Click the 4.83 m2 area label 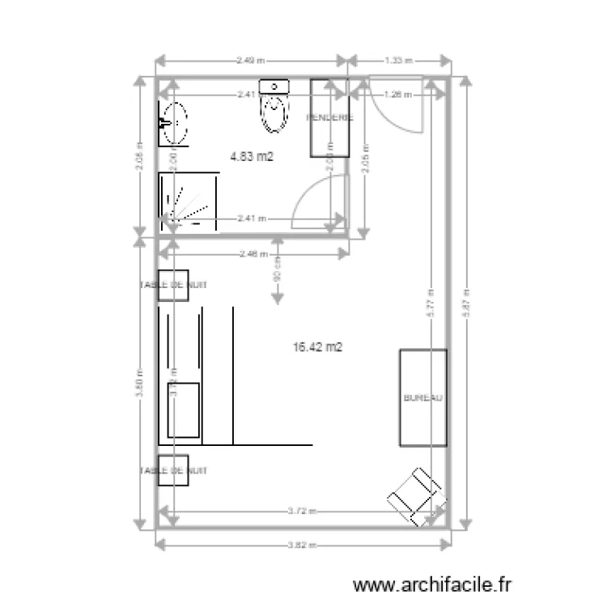(252, 157)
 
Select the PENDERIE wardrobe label (329, 117)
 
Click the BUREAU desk (422, 398)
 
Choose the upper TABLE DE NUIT (173, 285)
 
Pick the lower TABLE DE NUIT (173, 470)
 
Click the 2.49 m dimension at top (251, 60)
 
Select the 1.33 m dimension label (398, 60)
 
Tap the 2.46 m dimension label (253, 254)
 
